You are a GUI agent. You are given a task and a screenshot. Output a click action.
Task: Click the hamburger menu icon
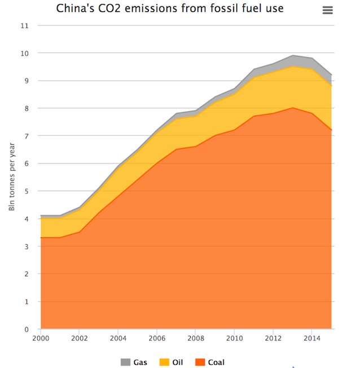pyautogui.click(x=327, y=10)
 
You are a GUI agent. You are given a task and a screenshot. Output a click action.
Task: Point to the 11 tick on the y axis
pyautogui.click(x=24, y=26)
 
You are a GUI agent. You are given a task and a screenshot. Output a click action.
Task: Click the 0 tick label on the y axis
pyautogui.click(x=26, y=329)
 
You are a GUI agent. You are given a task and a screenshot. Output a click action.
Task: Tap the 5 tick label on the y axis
pyautogui.click(x=26, y=192)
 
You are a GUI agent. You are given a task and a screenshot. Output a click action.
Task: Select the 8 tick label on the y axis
pyautogui.click(x=26, y=109)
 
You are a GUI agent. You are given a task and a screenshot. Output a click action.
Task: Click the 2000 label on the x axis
pyautogui.click(x=41, y=338)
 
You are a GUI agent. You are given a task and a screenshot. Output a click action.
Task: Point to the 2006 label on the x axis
pyautogui.click(x=157, y=338)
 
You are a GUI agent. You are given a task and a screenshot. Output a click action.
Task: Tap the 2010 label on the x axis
pyautogui.click(x=234, y=338)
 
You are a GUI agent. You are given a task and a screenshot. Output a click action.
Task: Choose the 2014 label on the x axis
pyautogui.click(x=312, y=338)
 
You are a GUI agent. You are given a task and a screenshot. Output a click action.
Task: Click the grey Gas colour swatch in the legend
pyautogui.click(x=125, y=362)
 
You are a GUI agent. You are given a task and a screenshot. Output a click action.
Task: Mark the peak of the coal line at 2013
pyautogui.click(x=293, y=108)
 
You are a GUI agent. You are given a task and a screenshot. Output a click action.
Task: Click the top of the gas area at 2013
pyautogui.click(x=293, y=56)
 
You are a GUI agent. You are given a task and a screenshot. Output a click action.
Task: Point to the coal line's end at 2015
pyautogui.click(x=331, y=130)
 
